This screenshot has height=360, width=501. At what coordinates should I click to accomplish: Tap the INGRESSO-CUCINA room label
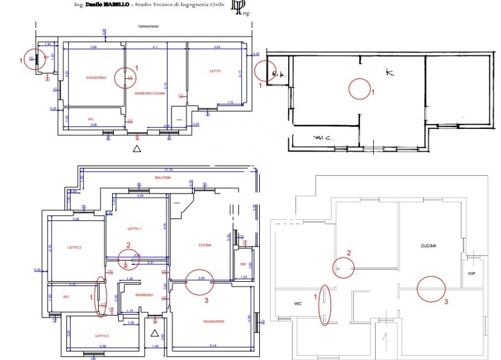click(x=149, y=93)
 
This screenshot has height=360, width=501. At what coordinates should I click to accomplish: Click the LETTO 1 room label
click(x=135, y=229)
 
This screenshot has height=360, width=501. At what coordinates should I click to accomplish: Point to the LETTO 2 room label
click(x=75, y=247)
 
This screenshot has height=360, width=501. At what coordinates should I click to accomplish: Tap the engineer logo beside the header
click(x=238, y=6)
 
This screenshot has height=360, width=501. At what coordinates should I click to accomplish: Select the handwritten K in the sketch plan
click(x=390, y=73)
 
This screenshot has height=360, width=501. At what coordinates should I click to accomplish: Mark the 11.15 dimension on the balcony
click(x=168, y=170)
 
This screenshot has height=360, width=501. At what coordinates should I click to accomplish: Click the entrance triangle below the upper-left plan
click(x=137, y=148)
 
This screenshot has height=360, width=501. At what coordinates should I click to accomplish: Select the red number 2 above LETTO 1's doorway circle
click(x=128, y=245)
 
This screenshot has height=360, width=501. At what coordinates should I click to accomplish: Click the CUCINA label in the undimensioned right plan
click(x=428, y=246)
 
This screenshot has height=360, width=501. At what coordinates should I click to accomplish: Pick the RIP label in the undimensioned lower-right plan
click(x=472, y=274)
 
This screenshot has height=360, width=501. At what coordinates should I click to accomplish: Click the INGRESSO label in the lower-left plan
click(x=144, y=294)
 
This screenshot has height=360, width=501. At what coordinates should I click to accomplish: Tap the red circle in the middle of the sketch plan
click(x=359, y=88)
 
